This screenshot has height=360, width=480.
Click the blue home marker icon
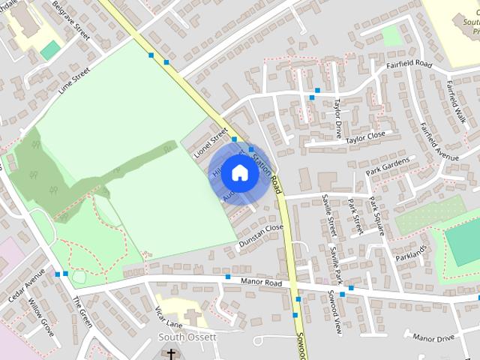239,173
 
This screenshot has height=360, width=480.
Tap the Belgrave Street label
71,20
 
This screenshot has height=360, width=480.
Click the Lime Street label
73,81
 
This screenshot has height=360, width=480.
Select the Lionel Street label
210,142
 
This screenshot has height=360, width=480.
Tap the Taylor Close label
365,136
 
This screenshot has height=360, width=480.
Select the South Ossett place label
187,337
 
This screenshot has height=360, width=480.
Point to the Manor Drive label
433,338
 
